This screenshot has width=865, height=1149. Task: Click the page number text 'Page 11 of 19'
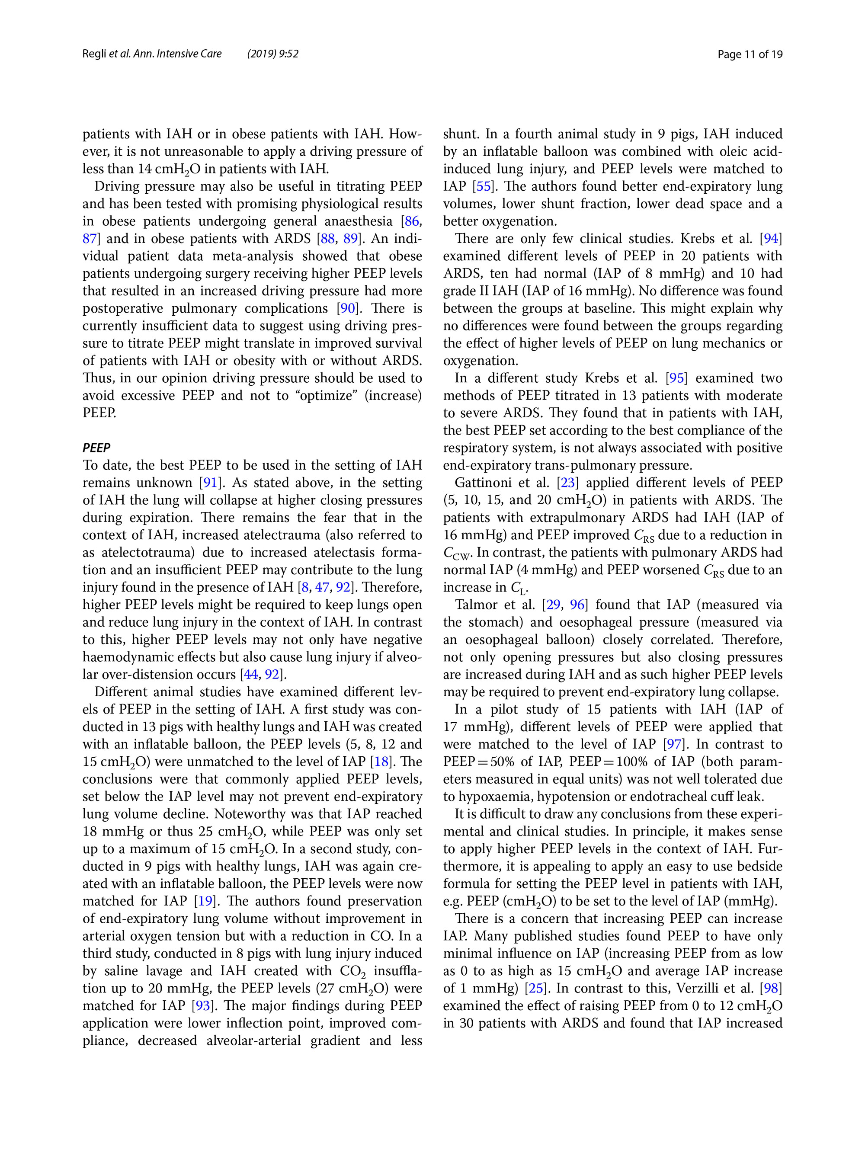click(749, 54)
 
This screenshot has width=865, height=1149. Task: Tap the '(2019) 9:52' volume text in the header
click(273, 54)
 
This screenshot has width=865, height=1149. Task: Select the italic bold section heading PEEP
click(96, 448)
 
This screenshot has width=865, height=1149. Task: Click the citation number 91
click(210, 483)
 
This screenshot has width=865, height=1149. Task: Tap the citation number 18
click(381, 762)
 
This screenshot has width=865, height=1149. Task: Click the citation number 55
click(483, 186)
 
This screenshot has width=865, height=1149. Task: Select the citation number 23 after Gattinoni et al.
click(567, 483)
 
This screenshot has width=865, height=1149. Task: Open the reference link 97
click(674, 744)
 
